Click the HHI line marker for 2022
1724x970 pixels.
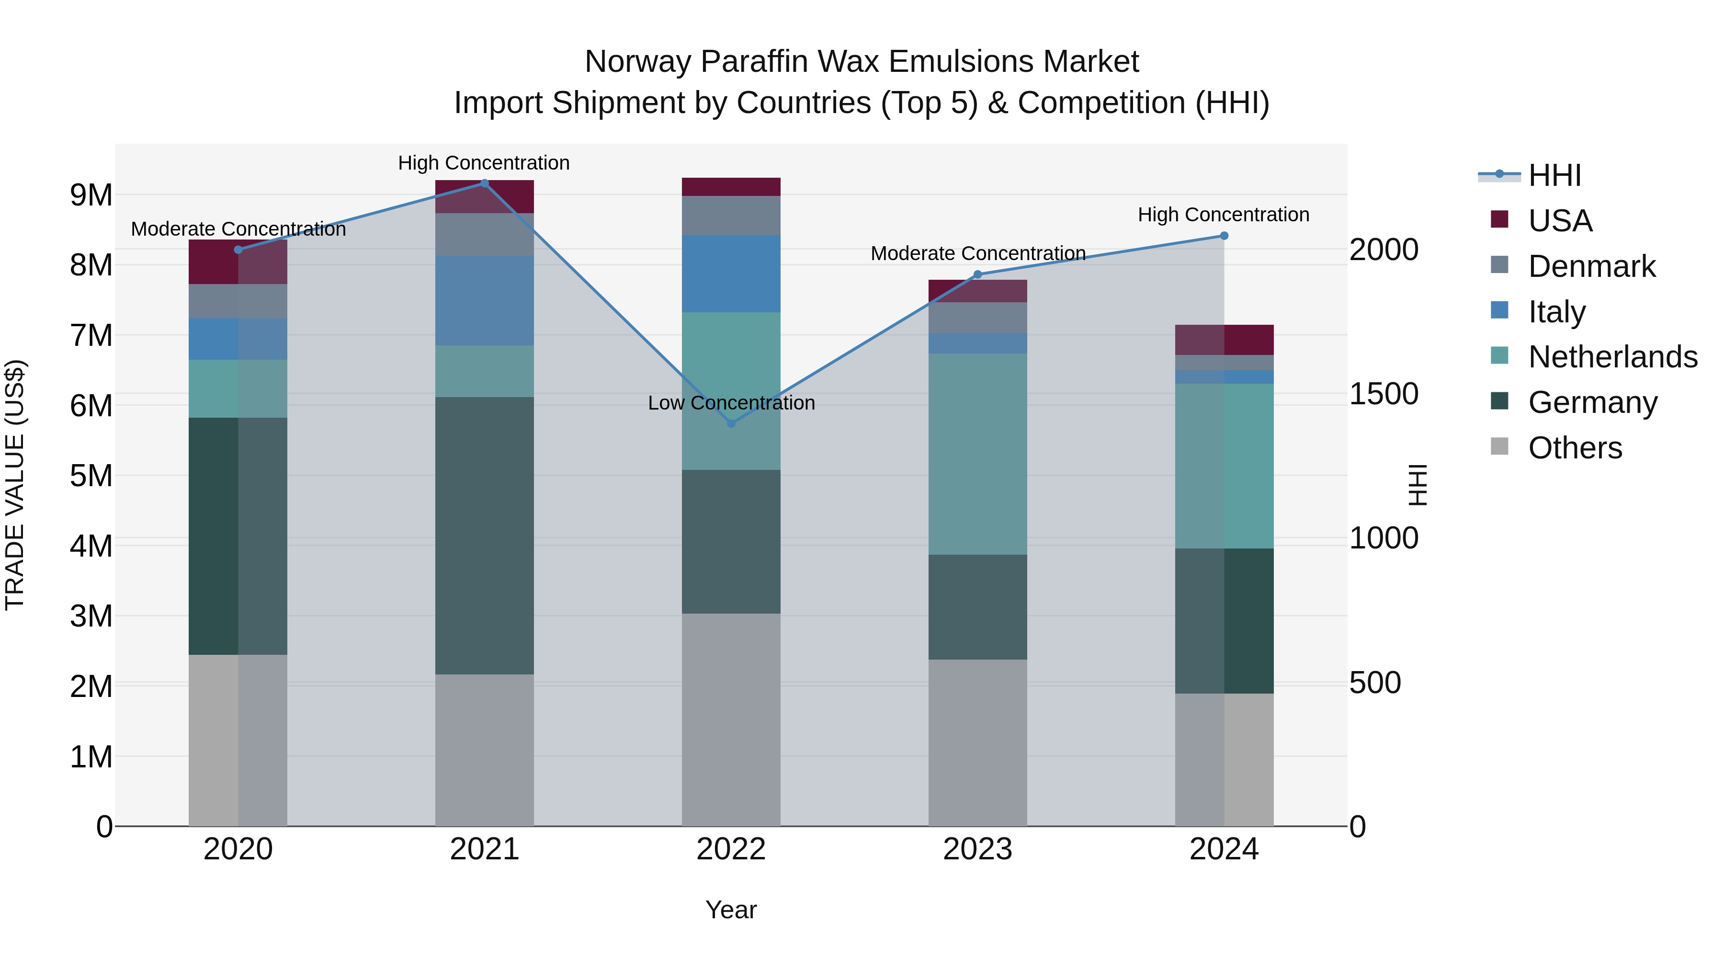coord(731,423)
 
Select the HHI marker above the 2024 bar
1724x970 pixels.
coord(1224,236)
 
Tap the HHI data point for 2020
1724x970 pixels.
coord(238,250)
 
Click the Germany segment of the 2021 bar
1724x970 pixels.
coord(485,536)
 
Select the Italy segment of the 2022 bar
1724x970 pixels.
coord(731,274)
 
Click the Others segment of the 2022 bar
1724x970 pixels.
coord(731,719)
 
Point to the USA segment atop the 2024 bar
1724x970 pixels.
coord(1224,340)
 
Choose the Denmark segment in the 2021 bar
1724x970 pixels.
coord(485,234)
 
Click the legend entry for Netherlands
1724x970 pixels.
coord(1613,357)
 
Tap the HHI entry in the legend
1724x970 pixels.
coord(1554,175)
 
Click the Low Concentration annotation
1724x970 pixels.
coord(731,403)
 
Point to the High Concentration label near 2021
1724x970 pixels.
coord(484,163)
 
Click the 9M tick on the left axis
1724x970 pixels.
coord(91,195)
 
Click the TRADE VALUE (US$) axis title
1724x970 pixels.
coord(15,485)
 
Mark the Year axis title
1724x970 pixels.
coord(731,910)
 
